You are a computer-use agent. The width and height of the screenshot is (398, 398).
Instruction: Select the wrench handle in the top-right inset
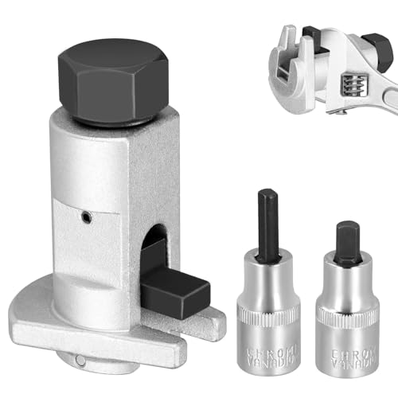point(374,88)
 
